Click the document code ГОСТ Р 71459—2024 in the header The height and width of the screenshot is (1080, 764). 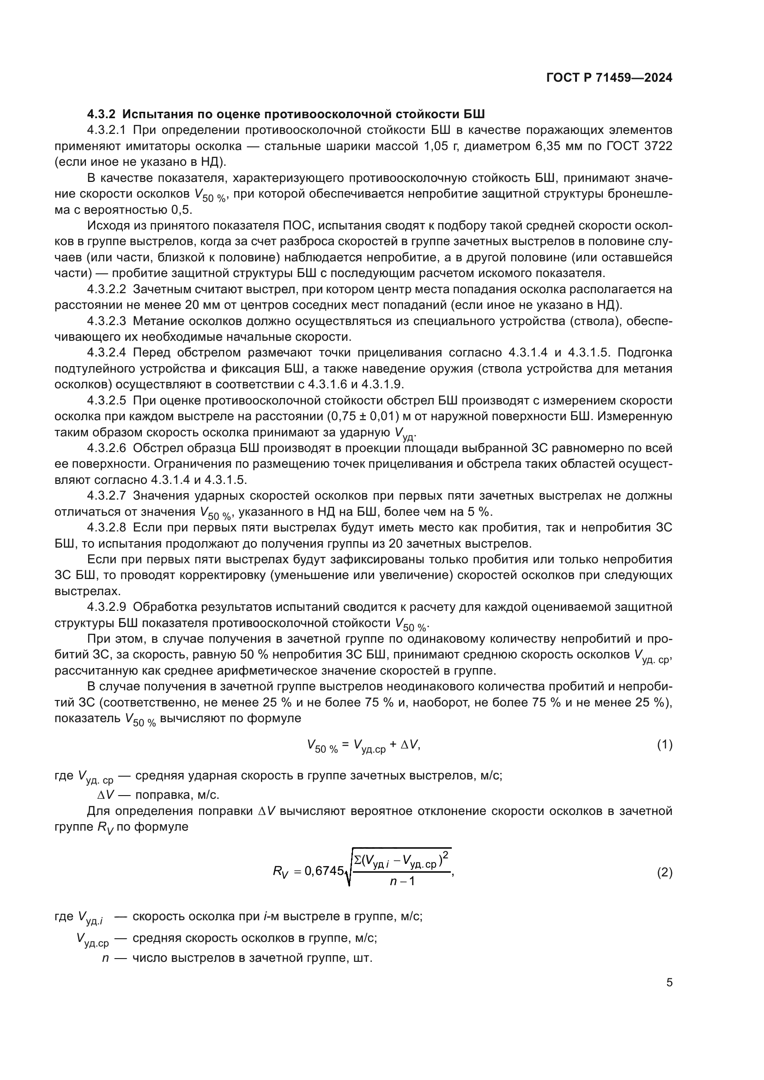pyautogui.click(x=609, y=78)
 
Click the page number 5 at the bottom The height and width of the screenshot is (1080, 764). pyautogui.click(x=669, y=983)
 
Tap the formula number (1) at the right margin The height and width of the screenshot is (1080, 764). pyautogui.click(x=664, y=745)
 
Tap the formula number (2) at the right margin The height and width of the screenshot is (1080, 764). pyautogui.click(x=664, y=873)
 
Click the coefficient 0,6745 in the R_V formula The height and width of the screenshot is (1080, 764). pyautogui.click(x=325, y=871)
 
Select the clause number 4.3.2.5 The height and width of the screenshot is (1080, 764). pyautogui.click(x=106, y=400)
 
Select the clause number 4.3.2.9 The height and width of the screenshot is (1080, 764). pyautogui.click(x=106, y=607)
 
